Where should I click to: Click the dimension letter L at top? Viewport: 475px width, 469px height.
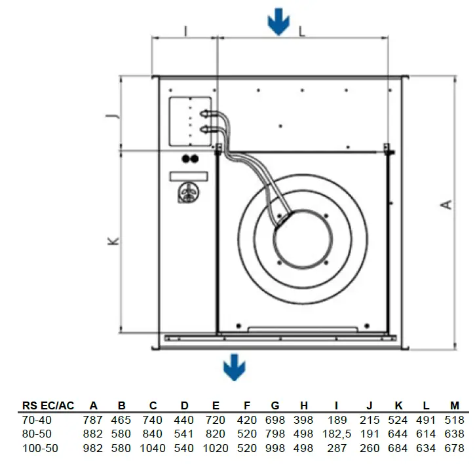[x=302, y=30]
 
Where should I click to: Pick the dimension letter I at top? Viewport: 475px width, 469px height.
[x=185, y=30]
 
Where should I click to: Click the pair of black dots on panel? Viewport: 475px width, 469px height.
[x=189, y=159]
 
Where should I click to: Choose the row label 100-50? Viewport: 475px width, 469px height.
[x=37, y=449]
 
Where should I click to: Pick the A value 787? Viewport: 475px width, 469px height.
[x=93, y=420]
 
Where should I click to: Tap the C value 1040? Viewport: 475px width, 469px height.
[x=152, y=449]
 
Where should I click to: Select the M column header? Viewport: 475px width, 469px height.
[x=454, y=405]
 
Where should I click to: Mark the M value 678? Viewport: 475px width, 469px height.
[x=454, y=449]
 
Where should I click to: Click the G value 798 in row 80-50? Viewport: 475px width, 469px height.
[x=278, y=434]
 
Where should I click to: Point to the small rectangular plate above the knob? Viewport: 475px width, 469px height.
[x=189, y=176]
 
